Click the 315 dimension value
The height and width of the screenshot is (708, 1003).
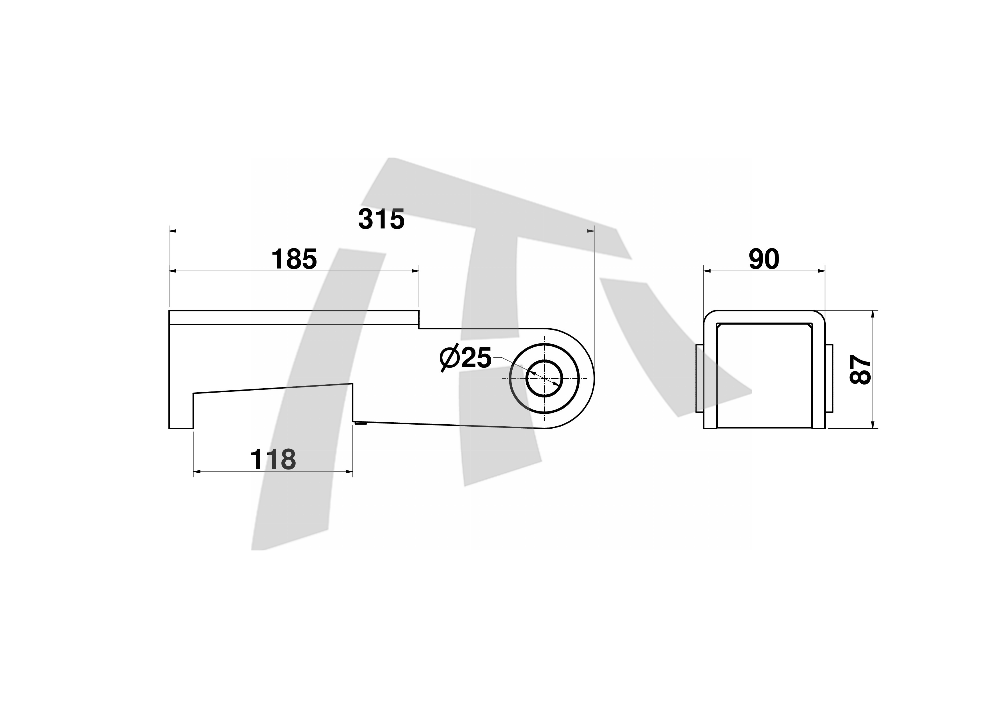pyautogui.click(x=381, y=219)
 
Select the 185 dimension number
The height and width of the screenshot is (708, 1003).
pyautogui.click(x=294, y=259)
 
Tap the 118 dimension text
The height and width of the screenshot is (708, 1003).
pyautogui.click(x=273, y=460)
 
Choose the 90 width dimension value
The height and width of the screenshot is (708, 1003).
pyautogui.click(x=764, y=259)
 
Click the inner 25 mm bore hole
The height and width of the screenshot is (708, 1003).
pyautogui.click(x=544, y=378)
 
